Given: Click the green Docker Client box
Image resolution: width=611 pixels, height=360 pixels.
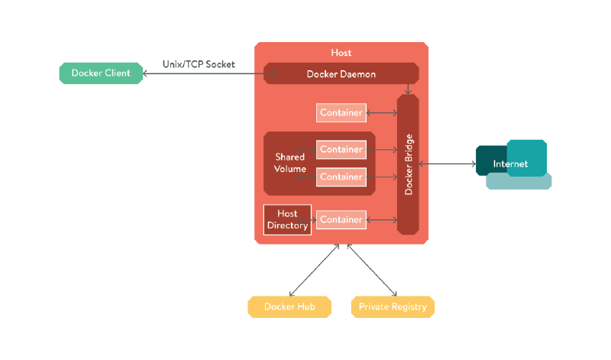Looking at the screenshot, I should [101, 73].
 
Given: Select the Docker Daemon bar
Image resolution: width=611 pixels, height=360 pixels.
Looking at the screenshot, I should [341, 74].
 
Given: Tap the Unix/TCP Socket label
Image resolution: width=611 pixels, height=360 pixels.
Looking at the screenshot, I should [199, 64].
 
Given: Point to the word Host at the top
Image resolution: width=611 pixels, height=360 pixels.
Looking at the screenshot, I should [341, 53].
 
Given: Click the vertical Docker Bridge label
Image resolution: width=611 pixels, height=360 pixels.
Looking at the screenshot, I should [409, 164].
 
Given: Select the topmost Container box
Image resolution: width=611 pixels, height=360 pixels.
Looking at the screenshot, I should [341, 112].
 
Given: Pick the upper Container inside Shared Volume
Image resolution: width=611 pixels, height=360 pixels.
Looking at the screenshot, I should [341, 149].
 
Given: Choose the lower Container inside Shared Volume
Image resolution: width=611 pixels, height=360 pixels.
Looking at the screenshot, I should [341, 177].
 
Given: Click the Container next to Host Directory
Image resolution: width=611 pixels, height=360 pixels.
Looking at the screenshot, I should [341, 219].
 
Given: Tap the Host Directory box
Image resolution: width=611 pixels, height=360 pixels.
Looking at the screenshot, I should [287, 219].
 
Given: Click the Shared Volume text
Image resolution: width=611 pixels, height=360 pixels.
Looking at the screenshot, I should [290, 163].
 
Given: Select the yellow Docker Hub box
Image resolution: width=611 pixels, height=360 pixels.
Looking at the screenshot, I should [289, 306].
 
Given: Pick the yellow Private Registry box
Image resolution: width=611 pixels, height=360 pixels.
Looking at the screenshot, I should [393, 306].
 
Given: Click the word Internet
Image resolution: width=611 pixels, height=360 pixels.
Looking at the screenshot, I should [510, 164].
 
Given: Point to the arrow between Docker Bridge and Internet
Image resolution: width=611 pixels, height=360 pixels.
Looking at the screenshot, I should [447, 164].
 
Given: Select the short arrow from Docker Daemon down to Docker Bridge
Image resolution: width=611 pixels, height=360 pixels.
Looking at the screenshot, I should [409, 88].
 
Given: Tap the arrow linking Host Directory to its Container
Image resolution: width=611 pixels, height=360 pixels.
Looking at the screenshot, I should [314, 219].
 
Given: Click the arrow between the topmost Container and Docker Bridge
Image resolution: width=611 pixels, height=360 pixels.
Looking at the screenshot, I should [382, 112].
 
